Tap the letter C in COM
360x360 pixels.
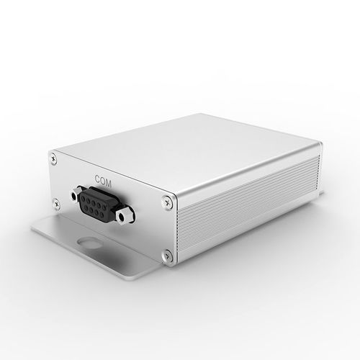pyautogui.click(x=98, y=179)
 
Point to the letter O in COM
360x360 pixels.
pyautogui.click(x=103, y=181)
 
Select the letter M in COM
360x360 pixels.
pyautogui.click(x=109, y=184)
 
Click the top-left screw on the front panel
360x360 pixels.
pyautogui.click(x=53, y=158)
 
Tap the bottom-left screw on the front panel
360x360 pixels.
pyautogui.click(x=57, y=204)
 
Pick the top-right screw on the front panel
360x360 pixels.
pyautogui.click(x=167, y=201)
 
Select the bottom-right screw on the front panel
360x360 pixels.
pyautogui.click(x=168, y=255)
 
